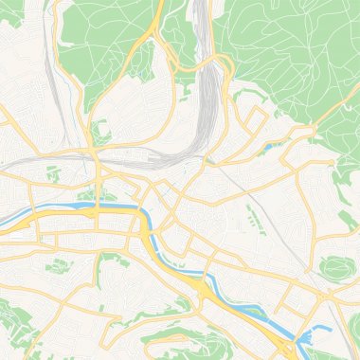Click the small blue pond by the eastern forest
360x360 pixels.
[273, 147]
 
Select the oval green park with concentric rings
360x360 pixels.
[337, 269]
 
